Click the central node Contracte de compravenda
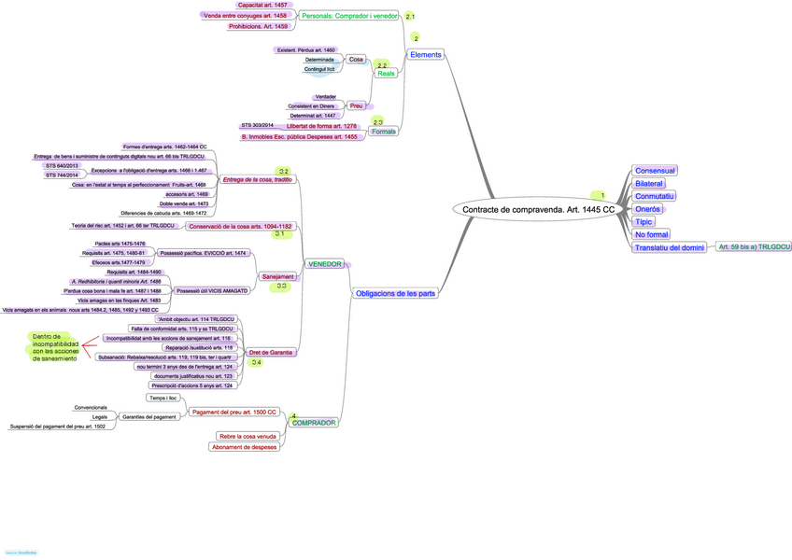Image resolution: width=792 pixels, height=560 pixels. click(x=538, y=210)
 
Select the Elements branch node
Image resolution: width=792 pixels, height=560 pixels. click(x=426, y=55)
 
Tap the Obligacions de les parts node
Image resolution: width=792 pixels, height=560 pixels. click(x=395, y=293)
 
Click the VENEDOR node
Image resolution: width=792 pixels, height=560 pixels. click(x=324, y=264)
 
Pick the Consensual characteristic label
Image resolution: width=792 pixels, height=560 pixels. click(x=655, y=171)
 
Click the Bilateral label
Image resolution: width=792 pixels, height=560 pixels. click(x=648, y=184)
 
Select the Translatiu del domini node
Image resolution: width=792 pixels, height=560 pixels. click(x=669, y=247)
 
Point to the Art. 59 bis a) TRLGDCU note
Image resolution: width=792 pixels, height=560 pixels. click(x=754, y=247)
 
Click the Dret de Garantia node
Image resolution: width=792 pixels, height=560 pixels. click(x=271, y=353)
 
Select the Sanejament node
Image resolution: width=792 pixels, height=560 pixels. click(x=278, y=277)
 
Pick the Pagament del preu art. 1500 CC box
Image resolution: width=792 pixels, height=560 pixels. click(x=233, y=412)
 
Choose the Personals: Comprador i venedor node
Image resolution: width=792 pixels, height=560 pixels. click(x=349, y=17)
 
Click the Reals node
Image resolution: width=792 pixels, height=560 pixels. click(x=386, y=73)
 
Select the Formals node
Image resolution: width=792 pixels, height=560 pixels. click(x=383, y=132)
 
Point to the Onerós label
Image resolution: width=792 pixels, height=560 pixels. click(x=647, y=209)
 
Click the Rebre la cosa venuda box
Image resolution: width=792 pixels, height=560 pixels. click(x=247, y=435)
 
